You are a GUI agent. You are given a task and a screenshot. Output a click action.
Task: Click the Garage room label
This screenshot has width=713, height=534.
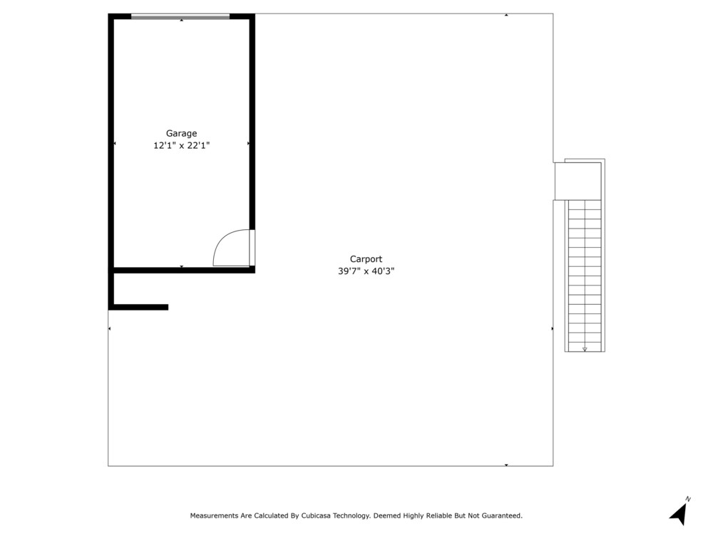181,134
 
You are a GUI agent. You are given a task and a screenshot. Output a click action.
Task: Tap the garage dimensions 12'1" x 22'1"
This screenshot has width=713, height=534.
181,146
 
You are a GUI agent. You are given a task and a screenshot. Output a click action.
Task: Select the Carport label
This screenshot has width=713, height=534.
366,259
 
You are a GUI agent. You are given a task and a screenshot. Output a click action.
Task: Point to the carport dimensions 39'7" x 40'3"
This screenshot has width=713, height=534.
366,271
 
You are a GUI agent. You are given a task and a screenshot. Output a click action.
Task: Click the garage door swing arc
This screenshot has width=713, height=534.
222,241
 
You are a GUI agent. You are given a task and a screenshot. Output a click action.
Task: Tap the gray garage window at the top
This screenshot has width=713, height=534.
180,17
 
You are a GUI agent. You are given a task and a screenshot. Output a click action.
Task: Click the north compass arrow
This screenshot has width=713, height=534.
678,515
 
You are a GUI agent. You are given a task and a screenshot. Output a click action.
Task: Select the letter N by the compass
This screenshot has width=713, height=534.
688,499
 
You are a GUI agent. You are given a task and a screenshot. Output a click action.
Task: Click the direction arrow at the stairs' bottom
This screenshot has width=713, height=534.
585,349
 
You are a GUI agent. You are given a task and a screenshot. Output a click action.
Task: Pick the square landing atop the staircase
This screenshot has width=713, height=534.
578,181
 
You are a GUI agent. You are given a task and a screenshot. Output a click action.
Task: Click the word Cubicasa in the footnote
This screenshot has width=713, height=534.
317,515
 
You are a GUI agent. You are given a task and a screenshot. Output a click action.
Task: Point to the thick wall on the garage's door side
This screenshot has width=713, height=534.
252,122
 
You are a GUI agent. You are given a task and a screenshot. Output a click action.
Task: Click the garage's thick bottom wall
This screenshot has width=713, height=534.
181,270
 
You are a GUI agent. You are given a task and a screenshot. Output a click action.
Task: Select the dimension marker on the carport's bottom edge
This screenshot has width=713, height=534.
506,465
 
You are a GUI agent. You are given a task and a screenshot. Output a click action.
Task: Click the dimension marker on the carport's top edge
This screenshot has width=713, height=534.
506,15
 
